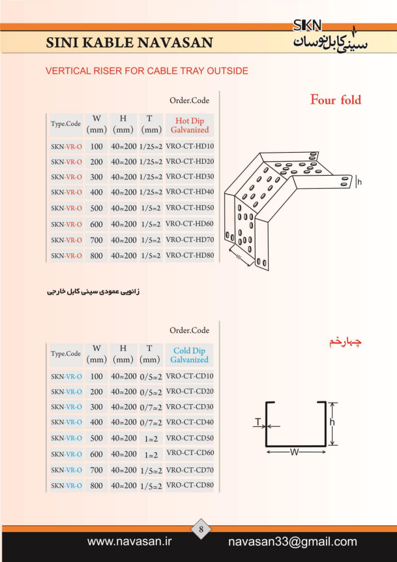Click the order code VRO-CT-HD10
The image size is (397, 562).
[190, 146]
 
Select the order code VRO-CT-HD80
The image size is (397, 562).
[190, 256]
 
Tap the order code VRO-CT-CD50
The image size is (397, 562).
[190, 437]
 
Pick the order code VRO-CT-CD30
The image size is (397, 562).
[190, 407]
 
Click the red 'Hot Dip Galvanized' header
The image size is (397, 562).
[189, 125]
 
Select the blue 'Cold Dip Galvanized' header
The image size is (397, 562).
[189, 355]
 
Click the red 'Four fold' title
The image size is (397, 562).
[336, 100]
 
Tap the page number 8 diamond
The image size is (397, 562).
[201, 529]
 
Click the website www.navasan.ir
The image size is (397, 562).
[129, 541]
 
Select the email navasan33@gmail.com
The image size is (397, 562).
[293, 542]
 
